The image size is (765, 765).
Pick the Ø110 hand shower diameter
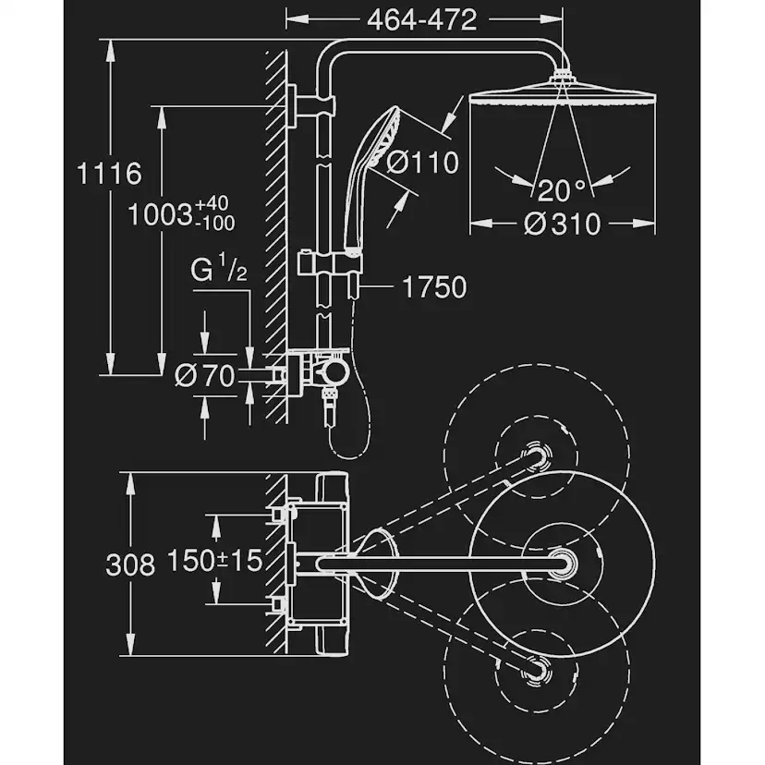pos(422,164)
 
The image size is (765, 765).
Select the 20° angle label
pos(563,191)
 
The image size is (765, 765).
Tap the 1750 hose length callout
pos(434,287)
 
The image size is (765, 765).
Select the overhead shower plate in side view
pos(563,95)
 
